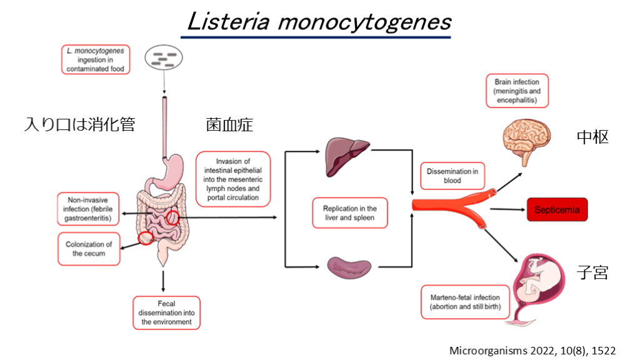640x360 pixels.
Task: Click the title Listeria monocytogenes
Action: click(x=319, y=22)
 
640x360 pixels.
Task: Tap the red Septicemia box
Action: click(x=556, y=210)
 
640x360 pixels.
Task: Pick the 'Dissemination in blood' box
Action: click(x=452, y=176)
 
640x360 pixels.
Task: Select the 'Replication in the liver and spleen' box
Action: click(x=350, y=213)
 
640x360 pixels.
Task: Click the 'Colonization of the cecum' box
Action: click(x=89, y=249)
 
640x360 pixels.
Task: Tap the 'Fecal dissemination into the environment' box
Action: click(x=166, y=313)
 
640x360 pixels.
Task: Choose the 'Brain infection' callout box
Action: click(x=517, y=91)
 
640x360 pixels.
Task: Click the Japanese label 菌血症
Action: click(x=229, y=124)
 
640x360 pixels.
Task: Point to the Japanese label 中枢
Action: click(x=591, y=137)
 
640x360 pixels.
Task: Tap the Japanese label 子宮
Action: click(x=591, y=272)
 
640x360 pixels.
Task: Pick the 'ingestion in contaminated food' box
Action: click(x=96, y=60)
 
